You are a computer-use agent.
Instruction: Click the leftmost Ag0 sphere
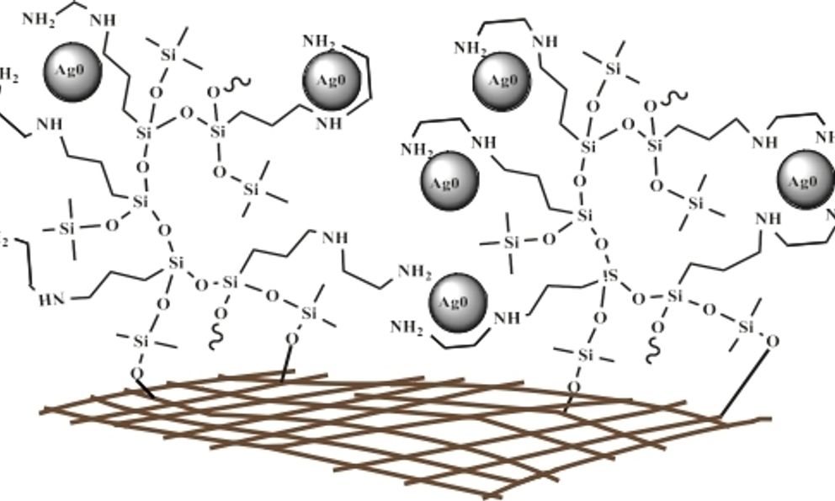(72, 70)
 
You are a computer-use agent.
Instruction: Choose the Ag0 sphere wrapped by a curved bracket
(332, 81)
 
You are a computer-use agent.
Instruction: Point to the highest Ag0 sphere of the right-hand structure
(503, 80)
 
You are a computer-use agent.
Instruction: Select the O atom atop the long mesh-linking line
(773, 341)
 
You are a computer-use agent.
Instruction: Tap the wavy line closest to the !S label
(655, 347)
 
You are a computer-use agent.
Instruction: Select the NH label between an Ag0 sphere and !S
(507, 318)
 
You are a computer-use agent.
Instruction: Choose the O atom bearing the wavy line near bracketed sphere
(214, 90)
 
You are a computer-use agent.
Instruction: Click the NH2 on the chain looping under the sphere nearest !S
(407, 327)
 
